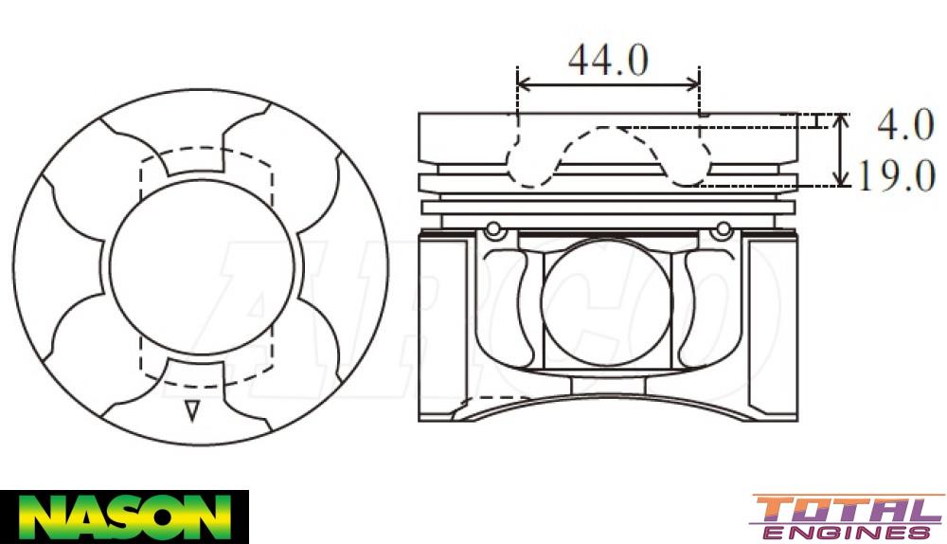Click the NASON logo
[x=124, y=517]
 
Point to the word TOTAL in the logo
[x=847, y=510]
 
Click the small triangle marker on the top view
[x=192, y=410]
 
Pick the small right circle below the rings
[x=724, y=229]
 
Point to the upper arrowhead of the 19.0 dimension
[x=840, y=121]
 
